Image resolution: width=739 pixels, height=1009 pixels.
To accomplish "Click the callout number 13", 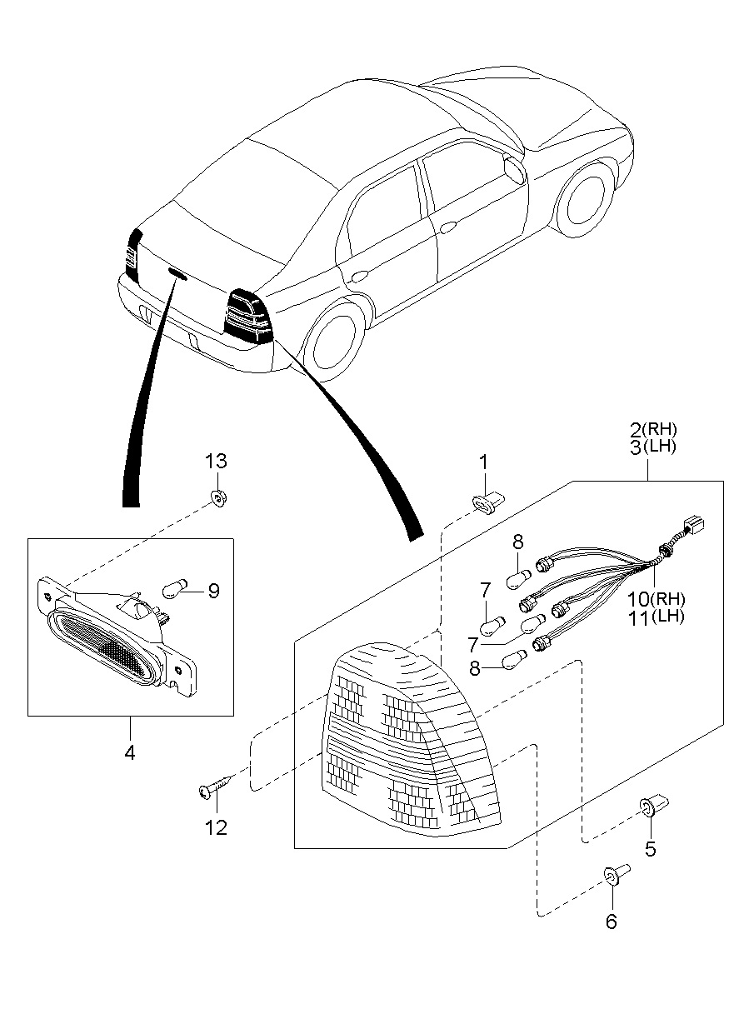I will (x=216, y=461).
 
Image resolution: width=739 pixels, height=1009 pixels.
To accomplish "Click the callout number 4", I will (x=130, y=752).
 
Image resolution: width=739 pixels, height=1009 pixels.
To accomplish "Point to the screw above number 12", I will (x=215, y=787).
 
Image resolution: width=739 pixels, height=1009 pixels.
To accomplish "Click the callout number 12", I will (x=216, y=827).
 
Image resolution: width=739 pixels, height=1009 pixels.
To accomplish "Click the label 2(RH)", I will (x=653, y=430).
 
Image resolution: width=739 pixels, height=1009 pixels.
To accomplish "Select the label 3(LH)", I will (x=653, y=447).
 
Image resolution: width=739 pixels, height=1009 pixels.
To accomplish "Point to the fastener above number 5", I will (x=649, y=807).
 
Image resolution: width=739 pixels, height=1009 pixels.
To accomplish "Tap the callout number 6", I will (x=612, y=922).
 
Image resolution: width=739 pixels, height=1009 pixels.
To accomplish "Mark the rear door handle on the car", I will (x=361, y=276).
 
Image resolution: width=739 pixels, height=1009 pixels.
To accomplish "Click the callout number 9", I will (x=213, y=591).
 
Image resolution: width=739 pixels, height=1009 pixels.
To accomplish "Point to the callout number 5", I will (x=650, y=849).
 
